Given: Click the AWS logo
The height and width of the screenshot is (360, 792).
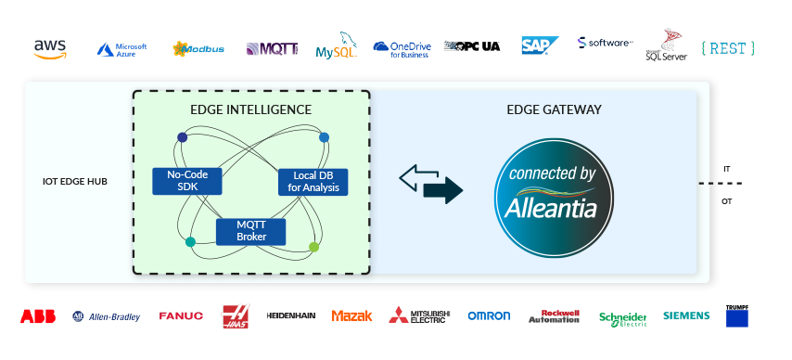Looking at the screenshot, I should (50, 48).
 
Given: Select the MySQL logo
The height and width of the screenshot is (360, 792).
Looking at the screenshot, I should (337, 46).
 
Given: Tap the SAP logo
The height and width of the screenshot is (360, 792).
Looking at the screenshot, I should (539, 45).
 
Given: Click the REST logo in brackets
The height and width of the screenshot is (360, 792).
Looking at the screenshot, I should (728, 47).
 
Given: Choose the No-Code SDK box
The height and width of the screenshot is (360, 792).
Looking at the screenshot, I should (186, 181).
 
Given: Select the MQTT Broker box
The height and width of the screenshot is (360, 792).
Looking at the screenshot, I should (250, 231).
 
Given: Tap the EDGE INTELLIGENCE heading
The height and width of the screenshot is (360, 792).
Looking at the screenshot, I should (250, 109).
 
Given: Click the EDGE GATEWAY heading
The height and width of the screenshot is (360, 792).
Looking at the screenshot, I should (554, 109).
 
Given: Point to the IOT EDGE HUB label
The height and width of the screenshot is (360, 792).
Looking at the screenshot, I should (75, 181).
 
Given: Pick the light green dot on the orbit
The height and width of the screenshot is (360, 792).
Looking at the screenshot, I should (313, 247).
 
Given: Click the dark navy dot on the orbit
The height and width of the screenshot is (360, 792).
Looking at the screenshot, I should (182, 137).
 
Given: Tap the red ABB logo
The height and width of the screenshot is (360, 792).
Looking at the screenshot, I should (38, 316).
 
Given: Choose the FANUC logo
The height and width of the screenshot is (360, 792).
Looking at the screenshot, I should (181, 316).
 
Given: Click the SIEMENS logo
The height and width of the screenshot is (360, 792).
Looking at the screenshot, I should (686, 316).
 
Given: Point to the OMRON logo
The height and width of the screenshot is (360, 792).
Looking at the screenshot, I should (489, 316).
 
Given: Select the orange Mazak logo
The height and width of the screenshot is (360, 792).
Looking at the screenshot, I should (351, 316).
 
